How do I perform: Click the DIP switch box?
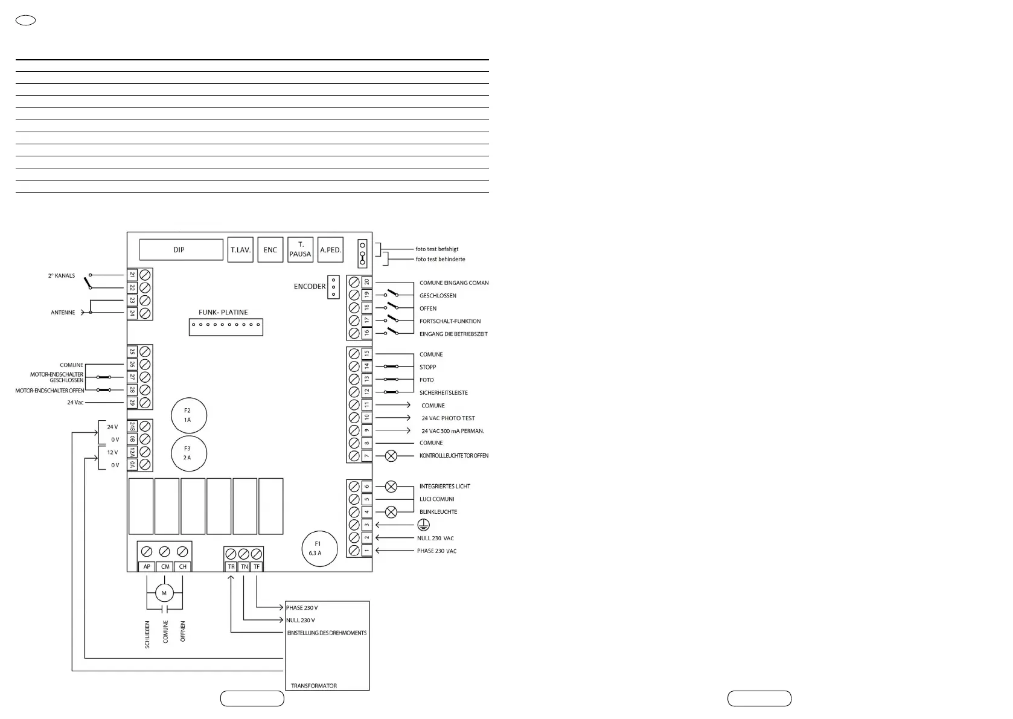181,249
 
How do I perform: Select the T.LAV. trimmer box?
240,249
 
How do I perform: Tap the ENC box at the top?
270,249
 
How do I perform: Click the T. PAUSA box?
300,249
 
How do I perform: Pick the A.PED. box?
331,249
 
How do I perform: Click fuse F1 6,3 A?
319,549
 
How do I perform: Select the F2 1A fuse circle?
189,415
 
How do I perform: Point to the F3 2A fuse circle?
189,453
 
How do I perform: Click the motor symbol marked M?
164,593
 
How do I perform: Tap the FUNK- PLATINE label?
223,313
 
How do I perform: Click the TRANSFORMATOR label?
314,686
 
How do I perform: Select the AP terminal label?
147,567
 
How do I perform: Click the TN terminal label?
244,567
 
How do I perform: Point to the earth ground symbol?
423,525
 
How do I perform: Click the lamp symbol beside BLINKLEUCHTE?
391,512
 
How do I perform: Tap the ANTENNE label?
63,313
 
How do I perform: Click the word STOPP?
428,367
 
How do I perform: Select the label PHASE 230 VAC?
437,551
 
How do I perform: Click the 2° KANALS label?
62,276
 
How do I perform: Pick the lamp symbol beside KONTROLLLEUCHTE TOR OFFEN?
391,456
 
